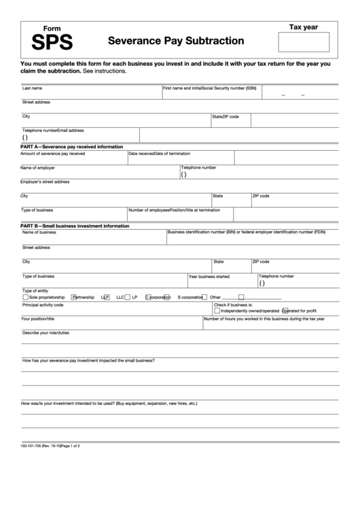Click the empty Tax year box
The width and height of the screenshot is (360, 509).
304,42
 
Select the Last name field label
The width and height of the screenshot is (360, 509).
32,88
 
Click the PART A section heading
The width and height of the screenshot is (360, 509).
72,147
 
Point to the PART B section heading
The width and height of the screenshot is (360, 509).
75,226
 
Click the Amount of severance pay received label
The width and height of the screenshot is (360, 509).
53,154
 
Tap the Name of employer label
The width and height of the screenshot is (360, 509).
38,167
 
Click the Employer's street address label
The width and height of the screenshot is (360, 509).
45,181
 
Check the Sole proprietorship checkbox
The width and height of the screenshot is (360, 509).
25,297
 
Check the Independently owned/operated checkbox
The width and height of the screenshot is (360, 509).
217,311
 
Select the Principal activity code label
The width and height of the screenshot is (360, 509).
43,305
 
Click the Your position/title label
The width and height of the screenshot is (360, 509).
38,319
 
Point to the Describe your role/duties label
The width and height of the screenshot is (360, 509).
46,333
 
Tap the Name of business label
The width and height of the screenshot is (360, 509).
39,232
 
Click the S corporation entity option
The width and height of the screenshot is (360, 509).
190,297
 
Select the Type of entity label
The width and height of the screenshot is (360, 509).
35,290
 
